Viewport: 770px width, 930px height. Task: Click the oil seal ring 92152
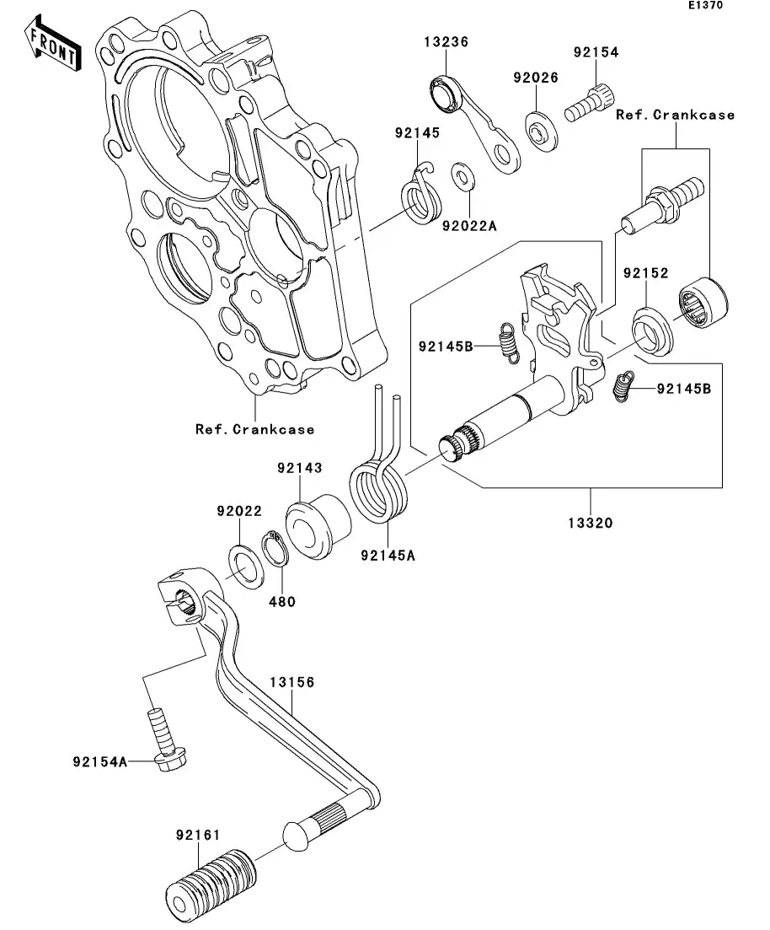click(653, 330)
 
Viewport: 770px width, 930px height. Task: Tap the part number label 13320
click(590, 523)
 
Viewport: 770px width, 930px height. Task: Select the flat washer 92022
click(243, 567)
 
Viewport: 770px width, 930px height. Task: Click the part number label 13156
click(291, 682)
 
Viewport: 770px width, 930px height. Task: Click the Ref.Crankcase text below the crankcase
click(254, 429)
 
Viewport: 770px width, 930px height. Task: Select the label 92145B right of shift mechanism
click(684, 389)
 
